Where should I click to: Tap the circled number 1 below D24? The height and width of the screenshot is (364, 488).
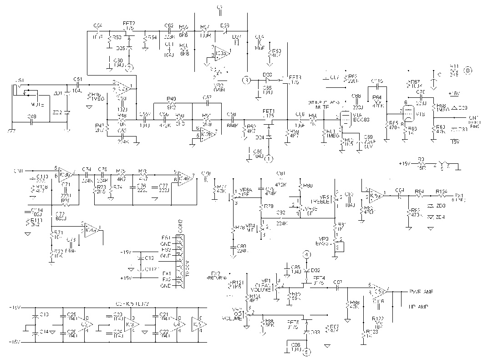269,158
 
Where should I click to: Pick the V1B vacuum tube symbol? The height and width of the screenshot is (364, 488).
408,111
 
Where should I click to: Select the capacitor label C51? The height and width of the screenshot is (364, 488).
77,78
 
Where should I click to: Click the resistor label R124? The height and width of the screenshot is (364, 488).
441,191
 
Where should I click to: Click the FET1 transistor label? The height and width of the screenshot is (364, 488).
269,111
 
